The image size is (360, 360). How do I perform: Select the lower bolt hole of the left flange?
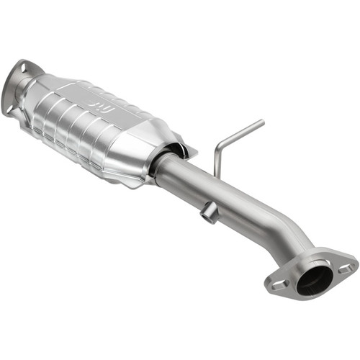click(9, 109)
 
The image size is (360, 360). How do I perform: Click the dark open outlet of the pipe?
click(315, 278)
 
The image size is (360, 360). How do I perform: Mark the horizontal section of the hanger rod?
click(241, 135)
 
